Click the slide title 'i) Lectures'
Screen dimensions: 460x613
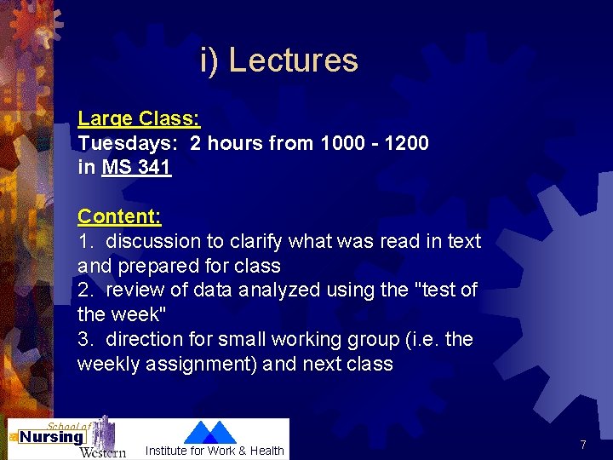pos(279,60)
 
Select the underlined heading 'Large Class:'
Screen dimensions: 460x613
pos(139,118)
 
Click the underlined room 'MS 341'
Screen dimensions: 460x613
pos(136,167)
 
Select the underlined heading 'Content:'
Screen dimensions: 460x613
pos(119,216)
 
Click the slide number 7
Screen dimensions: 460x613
pos(582,445)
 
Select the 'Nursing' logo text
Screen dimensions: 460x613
pos(52,437)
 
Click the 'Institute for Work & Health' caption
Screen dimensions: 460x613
pos(215,451)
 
